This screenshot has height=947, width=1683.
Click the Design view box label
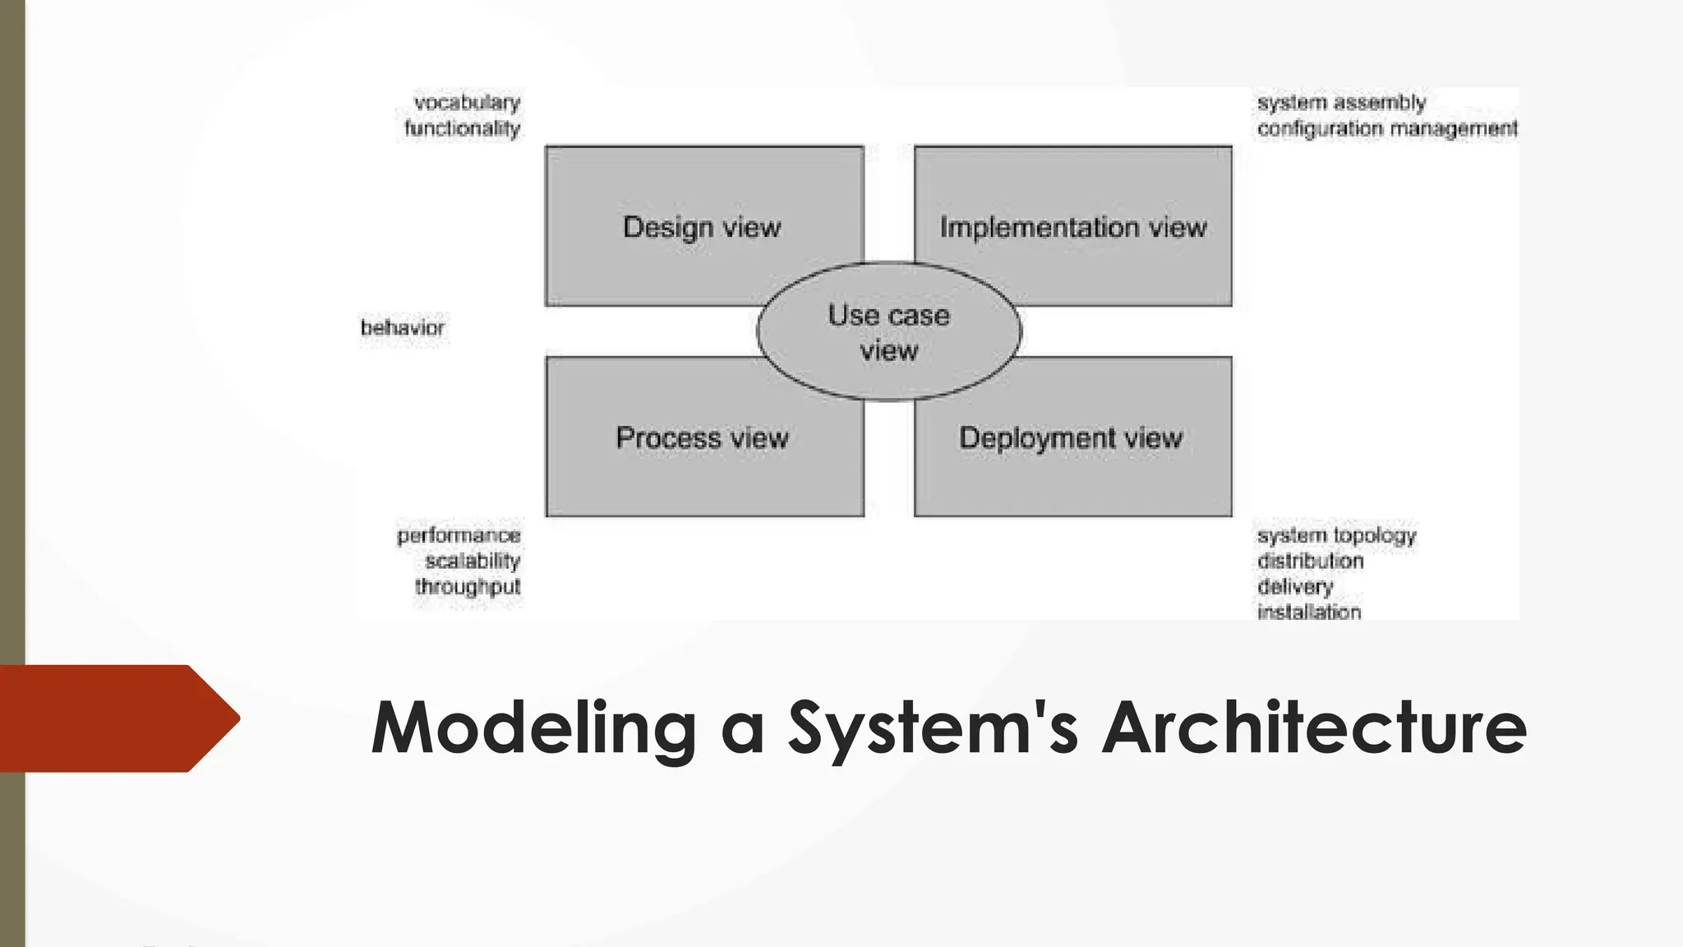tap(702, 227)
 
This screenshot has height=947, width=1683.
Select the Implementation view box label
tap(1073, 227)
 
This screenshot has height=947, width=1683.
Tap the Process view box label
tap(702, 437)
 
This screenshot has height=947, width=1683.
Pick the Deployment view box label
tap(1071, 437)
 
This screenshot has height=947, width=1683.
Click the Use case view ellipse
tap(888, 332)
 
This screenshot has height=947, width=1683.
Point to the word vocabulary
tap(467, 103)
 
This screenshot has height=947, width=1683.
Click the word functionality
tap(462, 128)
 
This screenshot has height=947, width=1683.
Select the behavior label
tap(402, 327)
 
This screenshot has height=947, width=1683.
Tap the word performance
tap(459, 535)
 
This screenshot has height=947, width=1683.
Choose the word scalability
tap(473, 561)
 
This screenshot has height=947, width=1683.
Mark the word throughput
tap(468, 586)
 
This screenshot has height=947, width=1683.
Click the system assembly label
tap(1341, 103)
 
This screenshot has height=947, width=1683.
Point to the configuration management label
tap(1387, 128)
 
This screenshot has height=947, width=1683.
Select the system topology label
tap(1336, 535)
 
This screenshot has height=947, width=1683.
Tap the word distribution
tap(1310, 561)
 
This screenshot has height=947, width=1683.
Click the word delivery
tap(1295, 586)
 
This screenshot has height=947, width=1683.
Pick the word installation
tap(1308, 612)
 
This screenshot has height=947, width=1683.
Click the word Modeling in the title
tap(534, 727)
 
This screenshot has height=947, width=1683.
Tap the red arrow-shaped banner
tap(115, 718)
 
